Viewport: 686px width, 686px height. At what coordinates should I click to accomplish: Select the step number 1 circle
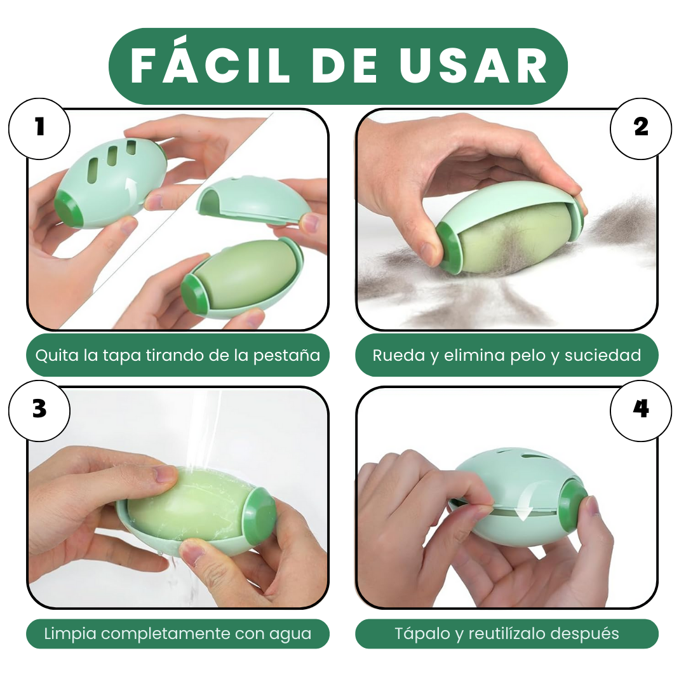[x=39, y=128]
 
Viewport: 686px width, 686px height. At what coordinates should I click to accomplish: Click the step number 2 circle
[x=641, y=128]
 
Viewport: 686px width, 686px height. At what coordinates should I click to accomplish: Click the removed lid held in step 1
[x=254, y=200]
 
